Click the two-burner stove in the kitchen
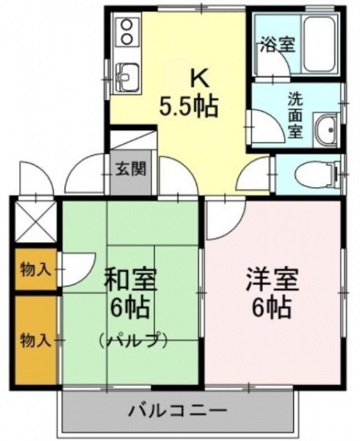[127, 31]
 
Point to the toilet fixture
[317, 174]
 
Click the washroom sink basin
[326, 130]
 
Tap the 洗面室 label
[295, 115]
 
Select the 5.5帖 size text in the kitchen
[189, 107]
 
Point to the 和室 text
[131, 279]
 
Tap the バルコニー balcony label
[178, 411]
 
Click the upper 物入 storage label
[35, 270]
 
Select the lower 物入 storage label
[35, 341]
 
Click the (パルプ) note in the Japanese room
[133, 340]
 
